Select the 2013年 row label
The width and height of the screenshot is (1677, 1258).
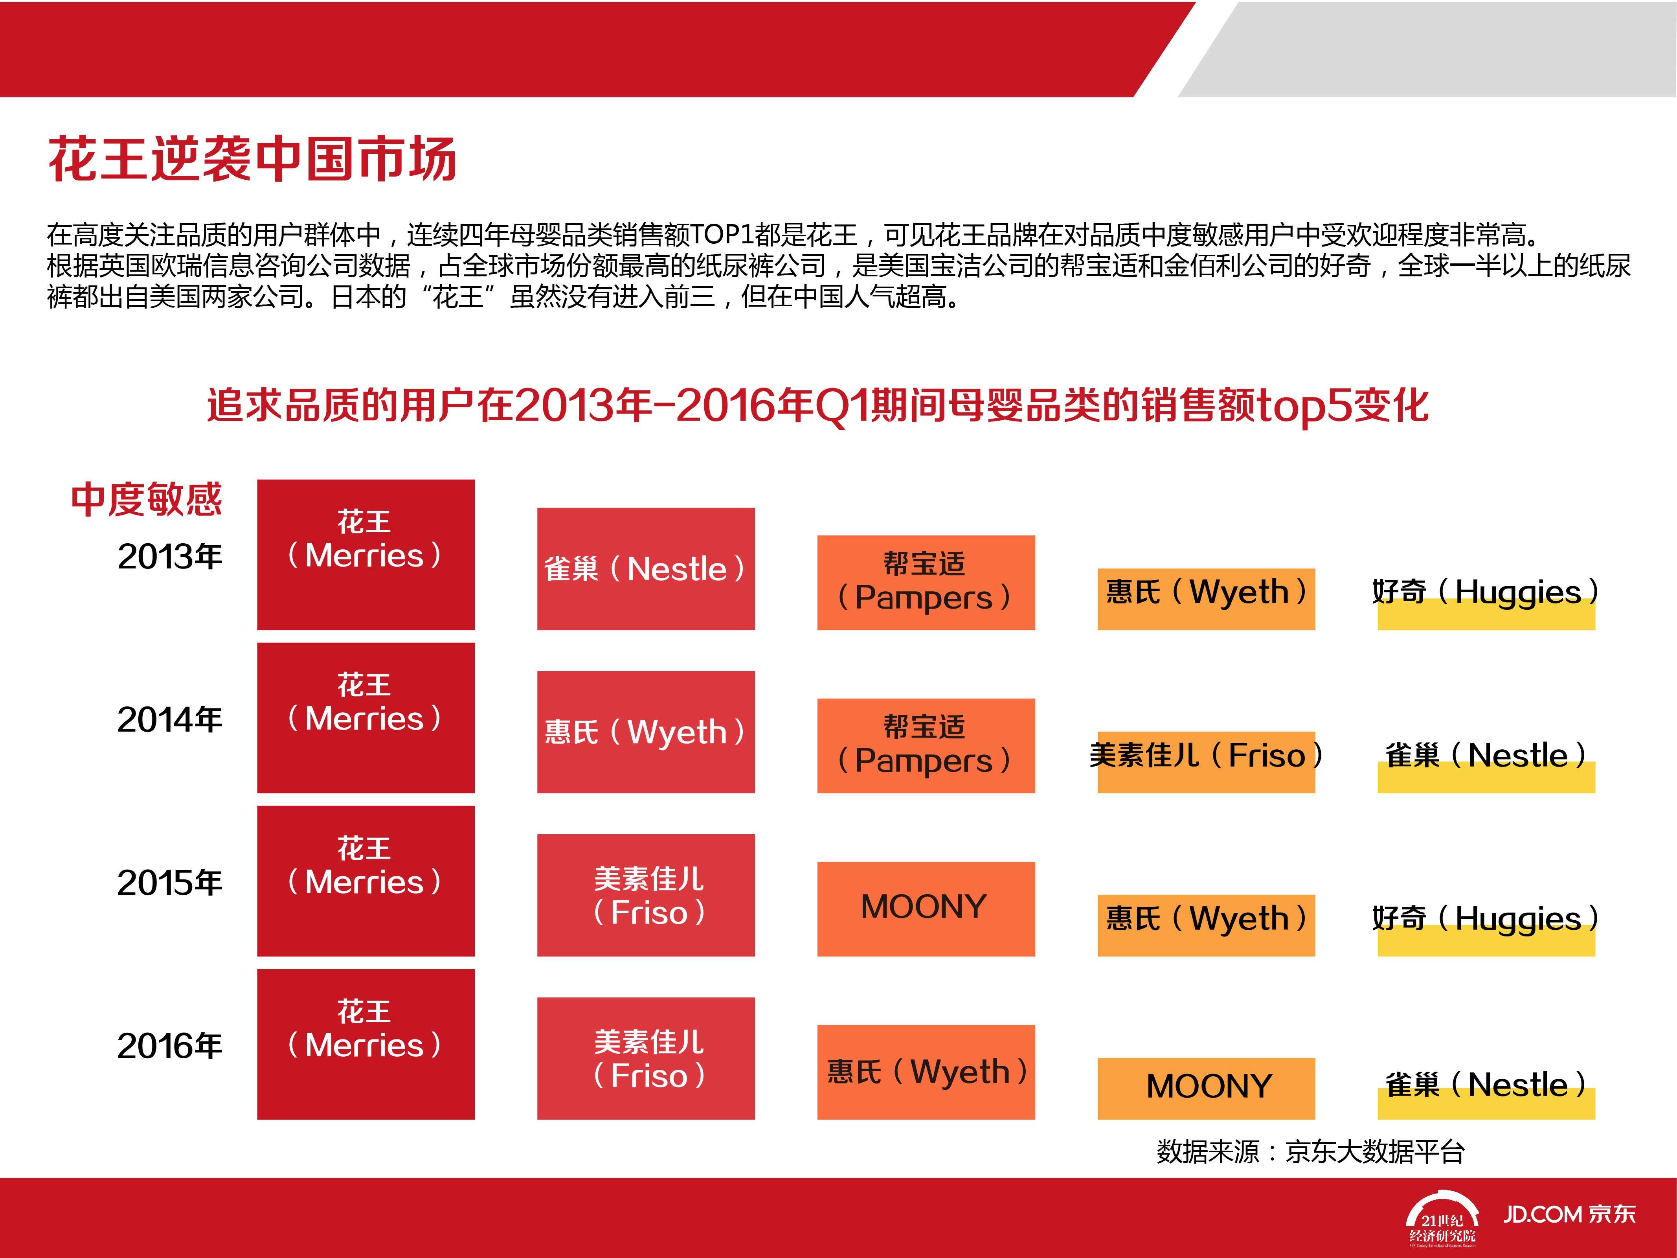pyautogui.click(x=170, y=557)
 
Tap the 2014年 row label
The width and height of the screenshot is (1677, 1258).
pyautogui.click(x=170, y=720)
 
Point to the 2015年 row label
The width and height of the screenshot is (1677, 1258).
pyautogui.click(x=170, y=883)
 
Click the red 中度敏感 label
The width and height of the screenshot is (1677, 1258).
pyautogui.click(x=146, y=500)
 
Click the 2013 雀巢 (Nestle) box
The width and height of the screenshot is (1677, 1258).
pyautogui.click(x=646, y=569)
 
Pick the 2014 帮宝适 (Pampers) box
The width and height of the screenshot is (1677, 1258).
pyautogui.click(x=926, y=745)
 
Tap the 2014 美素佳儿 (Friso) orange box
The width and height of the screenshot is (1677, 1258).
pyautogui.click(x=1206, y=762)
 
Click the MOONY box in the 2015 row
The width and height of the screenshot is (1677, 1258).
pyautogui.click(x=926, y=909)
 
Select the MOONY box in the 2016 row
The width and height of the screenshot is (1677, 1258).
pyautogui.click(x=1206, y=1088)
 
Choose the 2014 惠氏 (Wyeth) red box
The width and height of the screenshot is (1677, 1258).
pyautogui.click(x=646, y=732)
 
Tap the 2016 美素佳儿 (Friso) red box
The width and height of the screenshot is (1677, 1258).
pyautogui.click(x=646, y=1058)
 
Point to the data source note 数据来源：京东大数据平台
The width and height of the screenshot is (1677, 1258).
pyautogui.click(x=1311, y=1151)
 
